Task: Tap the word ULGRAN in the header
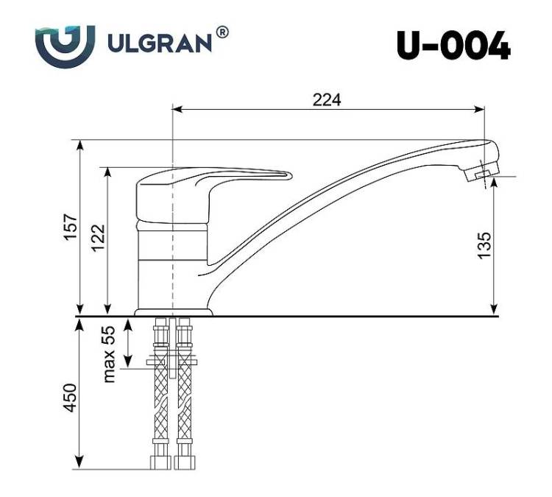coord(160,43)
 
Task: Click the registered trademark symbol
coord(222,32)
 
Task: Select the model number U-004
coord(453,46)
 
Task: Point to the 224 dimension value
coord(327,100)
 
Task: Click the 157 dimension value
coord(71,227)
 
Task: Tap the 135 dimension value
coord(484,245)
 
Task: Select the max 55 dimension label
coord(109,354)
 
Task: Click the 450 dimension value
coord(70,398)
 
